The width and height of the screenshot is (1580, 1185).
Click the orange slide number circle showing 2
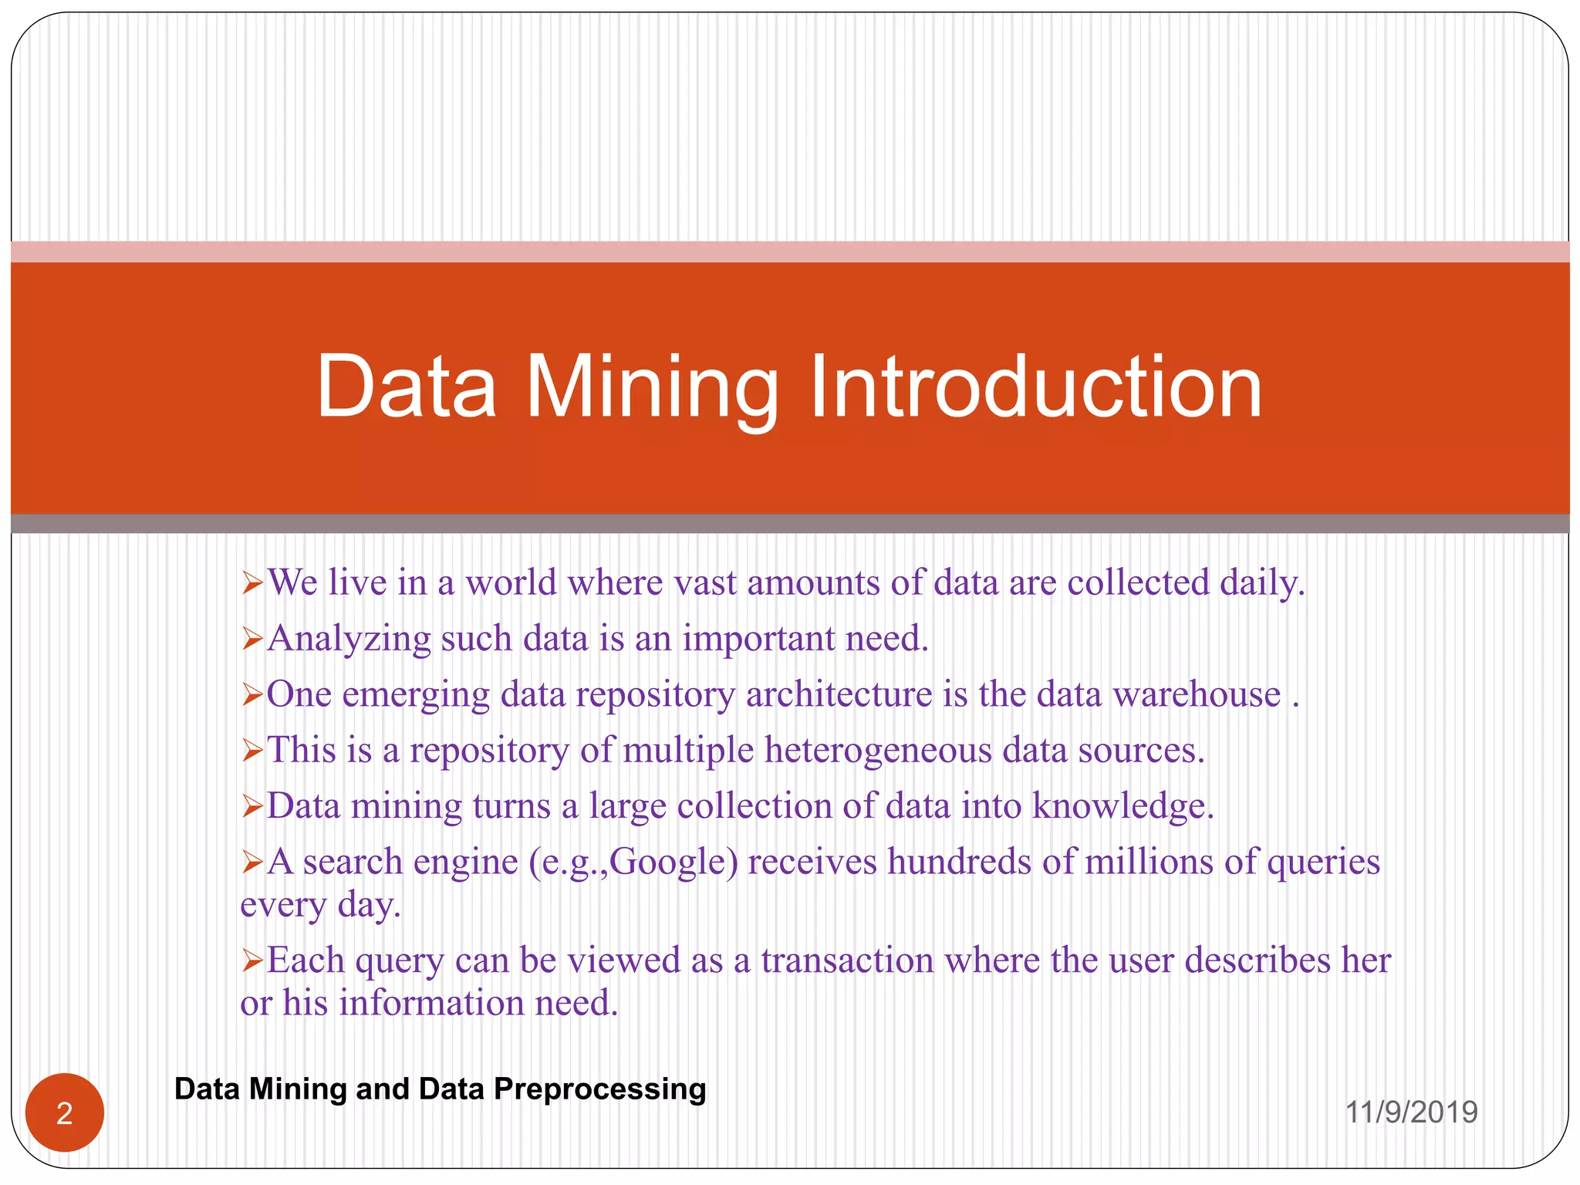65,1112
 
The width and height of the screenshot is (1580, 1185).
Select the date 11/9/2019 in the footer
1411,1112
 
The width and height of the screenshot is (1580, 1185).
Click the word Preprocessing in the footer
599,1089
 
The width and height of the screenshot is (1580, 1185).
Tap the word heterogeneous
878,750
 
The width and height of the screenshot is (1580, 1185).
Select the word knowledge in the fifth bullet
1123,806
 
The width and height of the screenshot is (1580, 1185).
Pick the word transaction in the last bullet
847,960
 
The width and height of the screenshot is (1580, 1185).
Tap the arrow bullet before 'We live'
253,583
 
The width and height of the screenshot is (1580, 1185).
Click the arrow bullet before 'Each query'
253,961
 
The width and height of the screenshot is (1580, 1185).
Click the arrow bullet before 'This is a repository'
253,751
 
